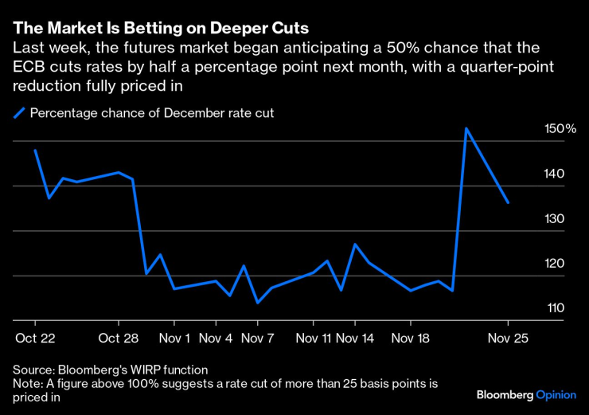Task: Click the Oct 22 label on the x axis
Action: (x=34, y=338)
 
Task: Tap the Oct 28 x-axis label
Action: (x=119, y=338)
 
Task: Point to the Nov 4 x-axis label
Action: (x=216, y=338)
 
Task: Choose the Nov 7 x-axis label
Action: (x=257, y=338)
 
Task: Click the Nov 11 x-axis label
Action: (x=313, y=338)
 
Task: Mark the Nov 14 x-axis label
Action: (x=355, y=338)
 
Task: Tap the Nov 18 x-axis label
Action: (x=411, y=338)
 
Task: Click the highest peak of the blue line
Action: (x=466, y=128)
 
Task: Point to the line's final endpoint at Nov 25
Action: (x=508, y=202)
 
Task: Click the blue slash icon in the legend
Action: (x=19, y=113)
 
